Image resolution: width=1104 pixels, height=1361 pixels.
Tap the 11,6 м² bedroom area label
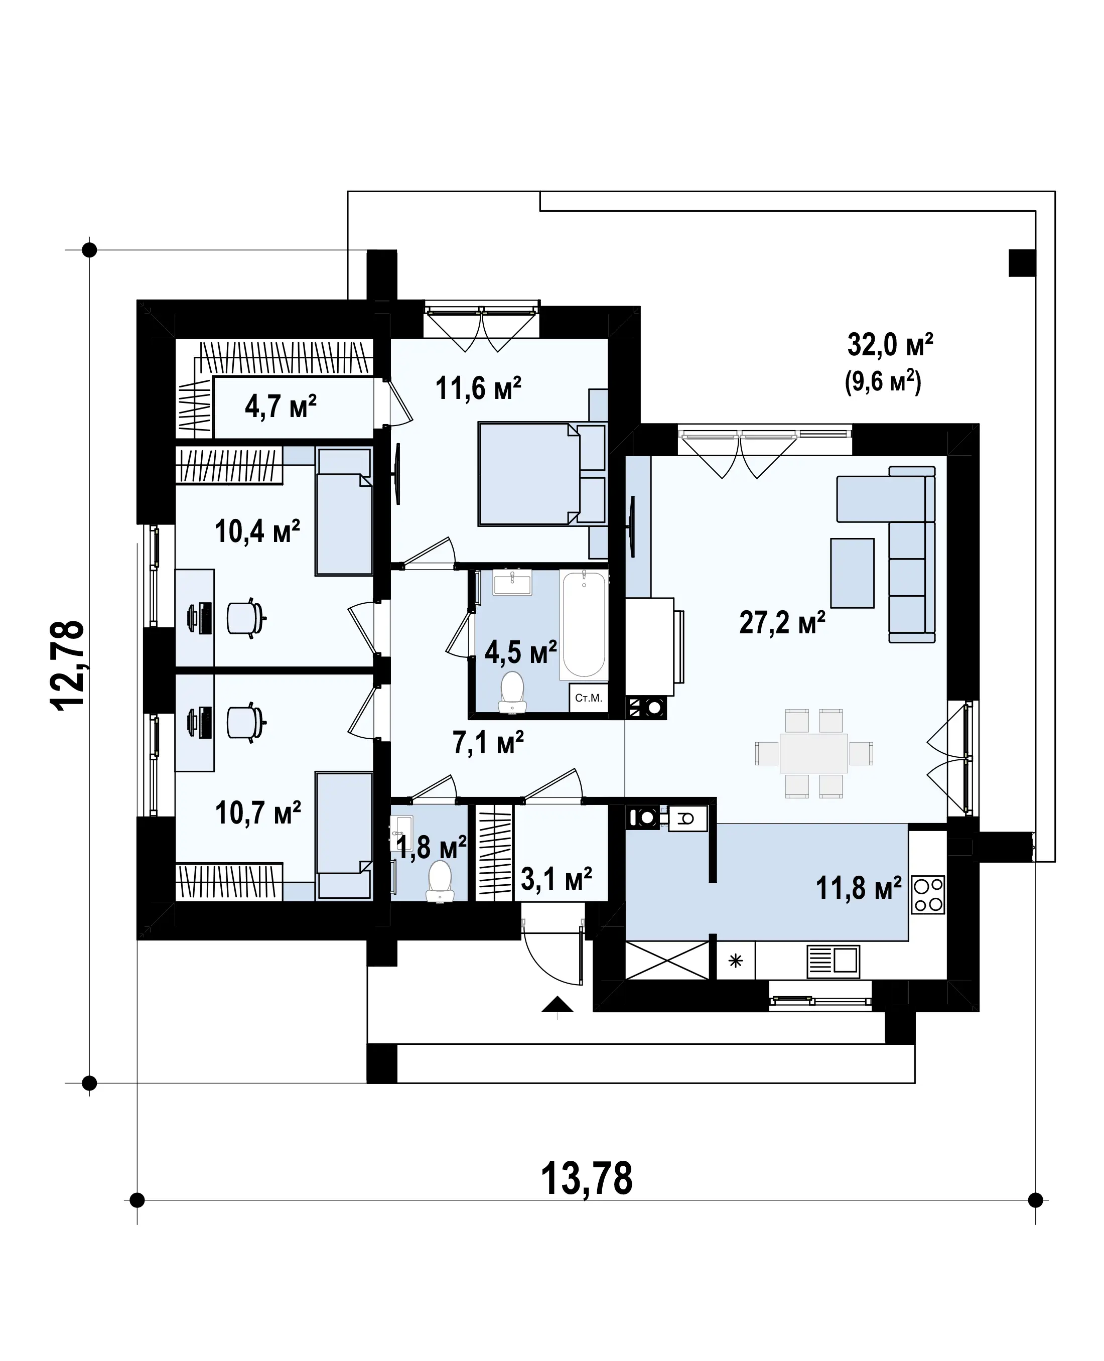point(478,387)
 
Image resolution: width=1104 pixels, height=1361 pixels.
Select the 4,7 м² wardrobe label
point(281,406)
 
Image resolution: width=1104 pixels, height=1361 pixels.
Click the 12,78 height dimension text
point(67,664)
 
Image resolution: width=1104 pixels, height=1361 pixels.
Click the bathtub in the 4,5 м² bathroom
point(584,624)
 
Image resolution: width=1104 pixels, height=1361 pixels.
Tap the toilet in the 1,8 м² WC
point(440,881)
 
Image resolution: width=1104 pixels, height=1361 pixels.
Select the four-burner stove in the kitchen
point(928,894)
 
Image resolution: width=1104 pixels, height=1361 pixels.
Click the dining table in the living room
point(814,754)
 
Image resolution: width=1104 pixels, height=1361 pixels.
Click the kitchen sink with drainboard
point(833,961)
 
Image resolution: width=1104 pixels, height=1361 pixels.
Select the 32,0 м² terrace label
point(890,345)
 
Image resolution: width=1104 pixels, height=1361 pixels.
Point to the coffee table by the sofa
point(852,573)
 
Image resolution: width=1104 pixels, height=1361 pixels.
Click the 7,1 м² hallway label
point(488,742)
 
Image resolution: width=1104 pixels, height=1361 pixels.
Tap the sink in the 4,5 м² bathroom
point(512,582)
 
